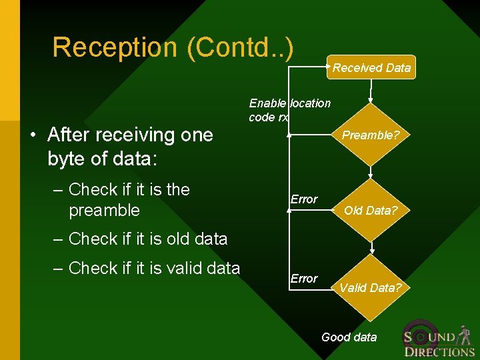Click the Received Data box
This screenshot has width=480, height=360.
(x=371, y=67)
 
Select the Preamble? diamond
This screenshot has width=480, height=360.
(x=371, y=135)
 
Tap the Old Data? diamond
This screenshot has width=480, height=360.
(x=371, y=210)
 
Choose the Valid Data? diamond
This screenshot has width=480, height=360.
(x=371, y=288)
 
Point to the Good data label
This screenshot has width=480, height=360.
(x=349, y=337)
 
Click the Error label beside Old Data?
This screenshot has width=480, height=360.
(x=304, y=199)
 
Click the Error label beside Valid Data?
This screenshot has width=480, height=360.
(x=304, y=278)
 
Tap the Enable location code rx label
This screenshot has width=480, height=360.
(x=289, y=110)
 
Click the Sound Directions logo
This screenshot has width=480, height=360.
(x=439, y=340)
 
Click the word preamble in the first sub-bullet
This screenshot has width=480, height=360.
(x=104, y=211)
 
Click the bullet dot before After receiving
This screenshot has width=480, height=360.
(x=33, y=135)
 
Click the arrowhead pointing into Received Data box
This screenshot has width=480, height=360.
(x=329, y=67)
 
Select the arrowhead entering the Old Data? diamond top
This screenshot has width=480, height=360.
(x=372, y=175)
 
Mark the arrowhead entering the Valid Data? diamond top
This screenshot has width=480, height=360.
(x=372, y=252)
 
